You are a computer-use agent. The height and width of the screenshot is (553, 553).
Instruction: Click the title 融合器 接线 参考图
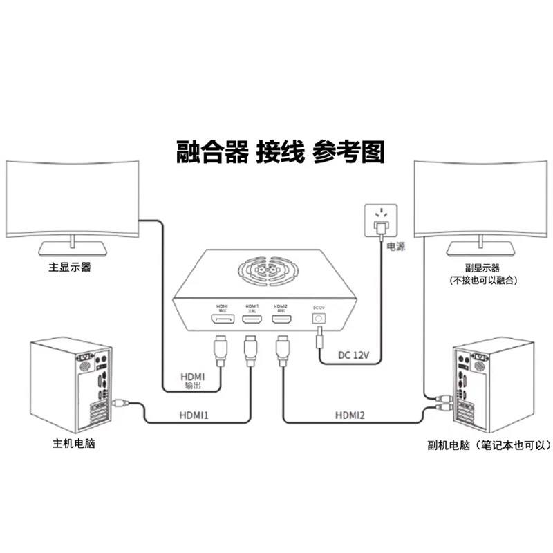click(x=279, y=151)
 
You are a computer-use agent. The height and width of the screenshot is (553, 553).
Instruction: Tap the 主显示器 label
click(x=70, y=268)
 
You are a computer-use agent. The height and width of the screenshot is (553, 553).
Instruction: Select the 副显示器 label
click(x=482, y=268)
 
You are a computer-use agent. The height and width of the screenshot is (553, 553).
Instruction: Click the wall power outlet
click(x=379, y=221)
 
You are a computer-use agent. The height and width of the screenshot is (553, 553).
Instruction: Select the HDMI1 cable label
click(x=195, y=415)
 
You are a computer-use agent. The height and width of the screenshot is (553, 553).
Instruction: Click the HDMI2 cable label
click(x=350, y=415)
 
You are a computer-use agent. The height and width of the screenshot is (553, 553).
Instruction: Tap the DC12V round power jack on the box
click(x=319, y=319)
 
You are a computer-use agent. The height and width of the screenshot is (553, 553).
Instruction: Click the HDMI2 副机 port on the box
click(x=281, y=319)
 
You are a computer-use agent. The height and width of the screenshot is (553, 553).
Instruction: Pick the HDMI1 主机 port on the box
click(x=252, y=319)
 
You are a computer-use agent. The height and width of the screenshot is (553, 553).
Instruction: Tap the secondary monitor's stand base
click(x=482, y=247)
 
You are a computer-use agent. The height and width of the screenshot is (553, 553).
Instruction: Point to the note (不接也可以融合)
click(x=483, y=281)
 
